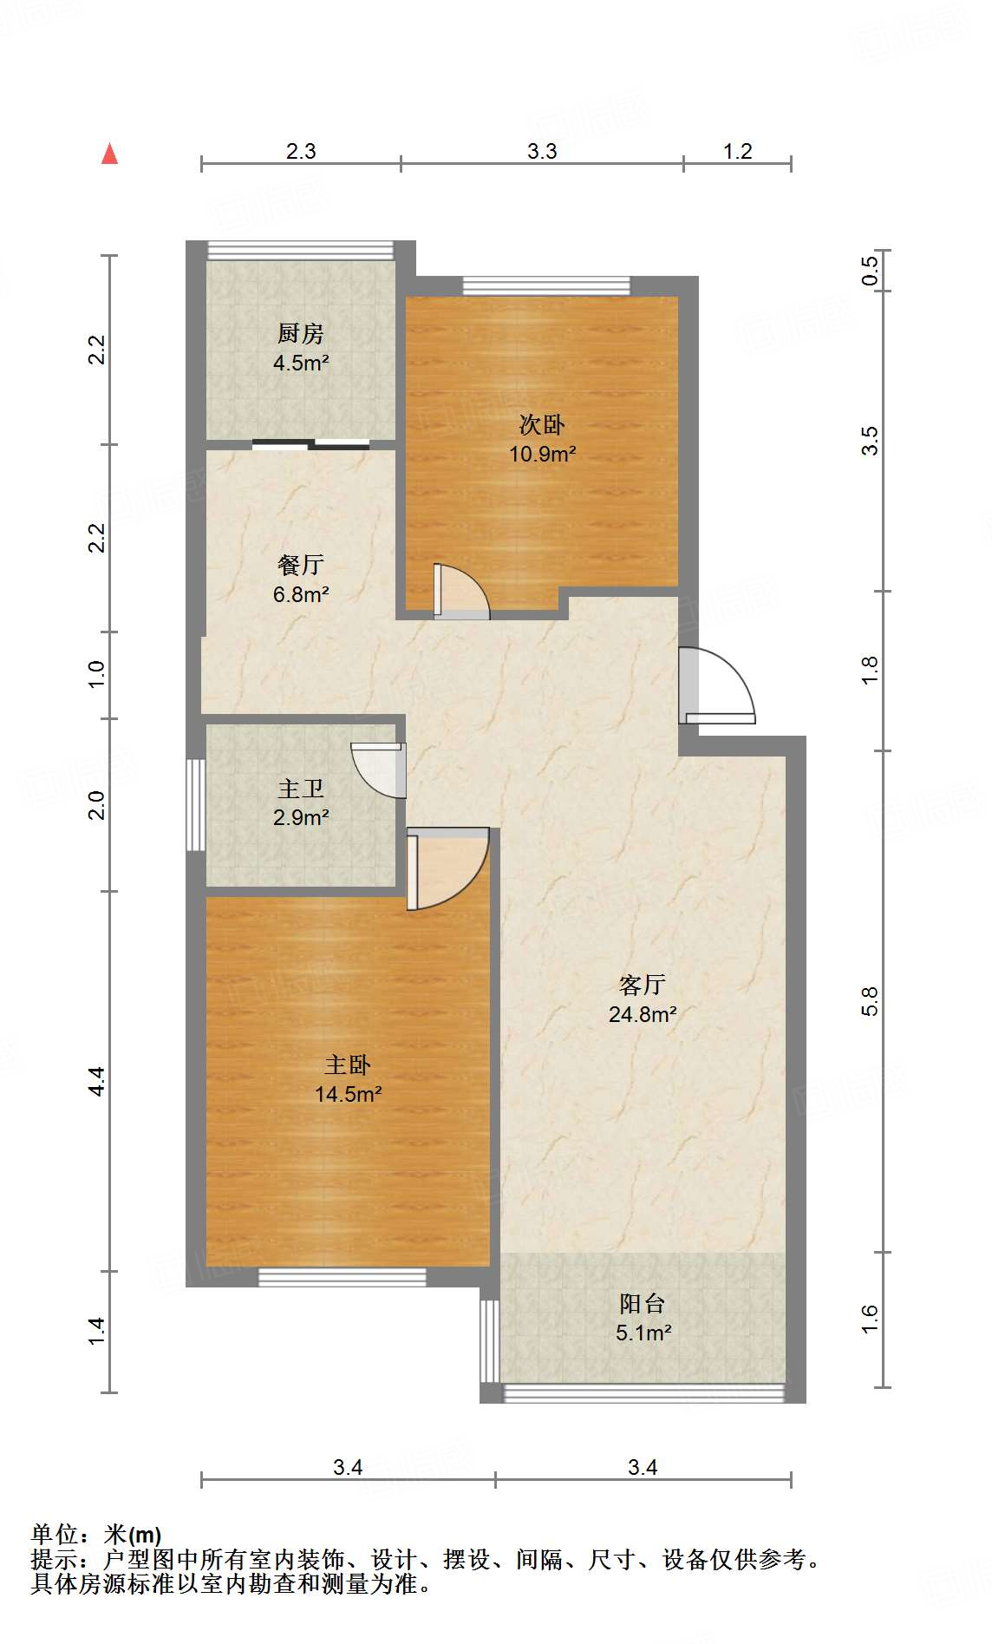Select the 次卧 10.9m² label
click(x=542, y=439)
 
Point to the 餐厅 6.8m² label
click(x=301, y=580)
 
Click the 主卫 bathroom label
click(x=301, y=802)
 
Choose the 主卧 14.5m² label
click(x=348, y=1079)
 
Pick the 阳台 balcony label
click(x=643, y=1318)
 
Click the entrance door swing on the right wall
click(x=716, y=685)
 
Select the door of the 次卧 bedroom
click(x=461, y=592)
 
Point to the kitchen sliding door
click(x=311, y=445)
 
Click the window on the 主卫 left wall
click(x=196, y=805)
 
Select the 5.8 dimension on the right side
click(x=870, y=1001)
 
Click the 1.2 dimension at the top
click(x=738, y=151)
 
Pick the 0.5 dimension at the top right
click(x=870, y=270)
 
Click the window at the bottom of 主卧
click(x=343, y=1277)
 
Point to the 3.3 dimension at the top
click(x=542, y=151)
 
